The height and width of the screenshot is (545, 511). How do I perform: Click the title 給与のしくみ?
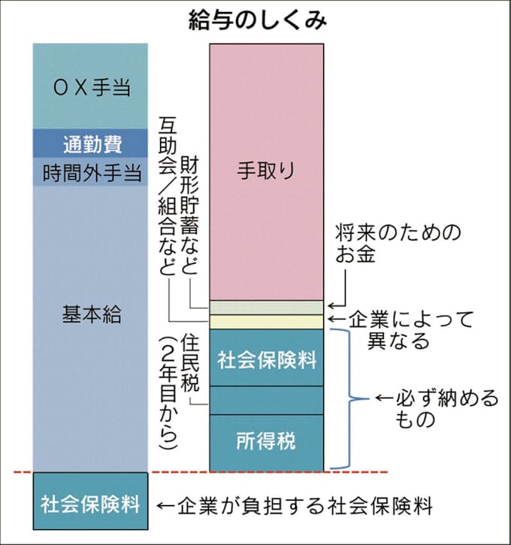pyautogui.click(x=256, y=20)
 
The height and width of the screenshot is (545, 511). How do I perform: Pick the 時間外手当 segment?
pyautogui.click(x=92, y=174)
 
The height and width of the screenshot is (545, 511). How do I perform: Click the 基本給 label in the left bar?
pyautogui.click(x=92, y=315)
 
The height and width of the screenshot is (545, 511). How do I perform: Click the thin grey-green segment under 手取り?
pyautogui.click(x=267, y=307)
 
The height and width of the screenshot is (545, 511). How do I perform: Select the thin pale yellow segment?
pyautogui.click(x=267, y=322)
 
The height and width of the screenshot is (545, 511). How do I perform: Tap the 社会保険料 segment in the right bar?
pyautogui.click(x=267, y=359)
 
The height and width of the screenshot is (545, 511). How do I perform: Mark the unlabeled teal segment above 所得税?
pyautogui.click(x=267, y=400)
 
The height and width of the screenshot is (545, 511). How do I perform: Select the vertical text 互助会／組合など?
pyautogui.click(x=167, y=195)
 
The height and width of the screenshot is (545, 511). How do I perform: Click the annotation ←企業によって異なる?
pyautogui.click(x=406, y=329)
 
